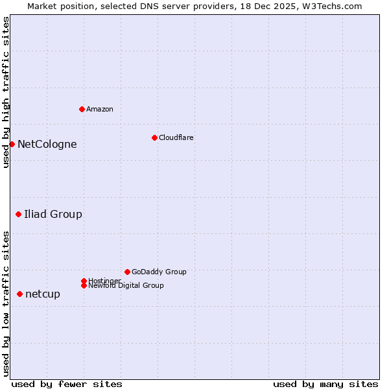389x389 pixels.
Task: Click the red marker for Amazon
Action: (x=82, y=109)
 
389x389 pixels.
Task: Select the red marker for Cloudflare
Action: (x=154, y=137)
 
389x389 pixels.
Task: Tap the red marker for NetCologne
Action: (x=12, y=144)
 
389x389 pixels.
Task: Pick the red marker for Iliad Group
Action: (x=18, y=214)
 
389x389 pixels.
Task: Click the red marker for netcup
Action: (x=19, y=294)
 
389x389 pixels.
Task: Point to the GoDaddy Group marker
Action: (x=127, y=272)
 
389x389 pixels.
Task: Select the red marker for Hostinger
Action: (x=84, y=281)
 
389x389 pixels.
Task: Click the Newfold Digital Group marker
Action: (x=84, y=285)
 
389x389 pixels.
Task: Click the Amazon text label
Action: (x=100, y=109)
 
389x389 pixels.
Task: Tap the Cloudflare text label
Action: (x=176, y=137)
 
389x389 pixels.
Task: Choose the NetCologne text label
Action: (x=47, y=144)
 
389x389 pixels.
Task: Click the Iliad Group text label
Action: (x=53, y=214)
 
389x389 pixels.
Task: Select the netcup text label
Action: (x=43, y=294)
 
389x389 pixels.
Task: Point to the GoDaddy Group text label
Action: (x=159, y=272)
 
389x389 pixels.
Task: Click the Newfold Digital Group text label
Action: (x=126, y=285)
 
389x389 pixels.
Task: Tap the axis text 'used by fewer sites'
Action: (x=67, y=384)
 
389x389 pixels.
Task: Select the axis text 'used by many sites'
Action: (x=325, y=384)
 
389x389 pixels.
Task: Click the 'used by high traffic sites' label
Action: (x=6, y=92)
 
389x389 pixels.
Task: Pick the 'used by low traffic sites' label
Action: (x=6, y=303)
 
